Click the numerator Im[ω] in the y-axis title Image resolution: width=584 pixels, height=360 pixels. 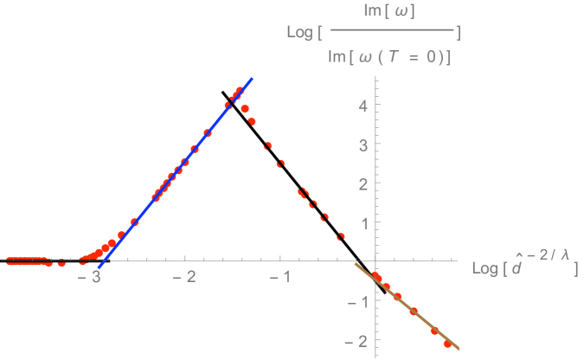(392, 12)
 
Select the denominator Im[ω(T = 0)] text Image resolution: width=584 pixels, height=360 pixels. (392, 56)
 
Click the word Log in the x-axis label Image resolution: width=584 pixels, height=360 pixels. (484, 268)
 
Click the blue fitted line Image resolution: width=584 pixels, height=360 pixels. (173, 177)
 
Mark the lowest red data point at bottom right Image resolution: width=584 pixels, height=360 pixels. (447, 344)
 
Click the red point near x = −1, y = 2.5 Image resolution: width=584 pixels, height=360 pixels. (280, 164)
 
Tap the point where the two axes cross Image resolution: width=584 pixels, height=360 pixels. (375, 259)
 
